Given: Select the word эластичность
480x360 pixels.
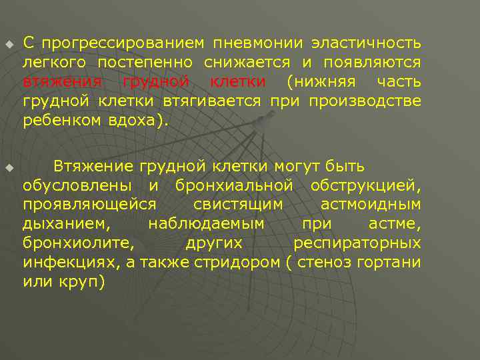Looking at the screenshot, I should point(365,44).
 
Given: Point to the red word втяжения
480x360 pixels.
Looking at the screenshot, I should point(61,82).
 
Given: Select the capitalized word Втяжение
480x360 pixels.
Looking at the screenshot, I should point(93,165).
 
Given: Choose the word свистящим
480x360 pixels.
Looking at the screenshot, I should point(237,203).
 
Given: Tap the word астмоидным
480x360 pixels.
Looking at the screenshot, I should point(371,203).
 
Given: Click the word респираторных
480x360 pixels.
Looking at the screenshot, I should point(357,242).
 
